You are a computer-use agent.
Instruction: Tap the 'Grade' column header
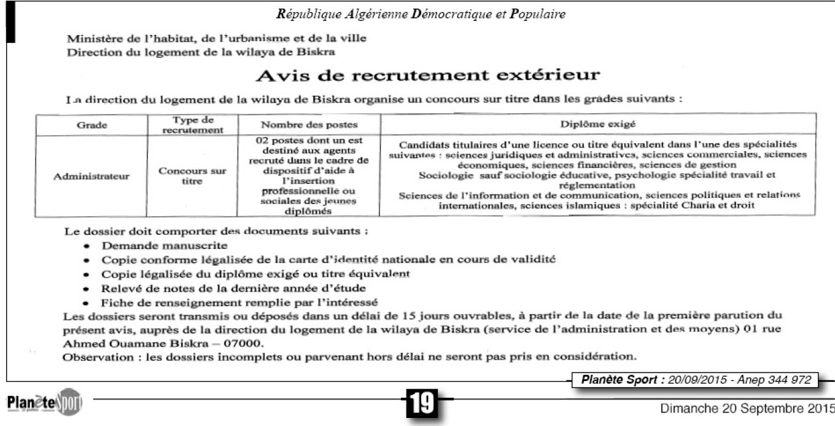[92, 125]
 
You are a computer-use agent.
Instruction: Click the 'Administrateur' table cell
[92, 176]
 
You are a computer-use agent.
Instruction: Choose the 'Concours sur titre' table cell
[192, 176]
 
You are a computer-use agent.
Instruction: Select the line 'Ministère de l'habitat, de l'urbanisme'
[217, 39]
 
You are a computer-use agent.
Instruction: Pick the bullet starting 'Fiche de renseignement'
[239, 302]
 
